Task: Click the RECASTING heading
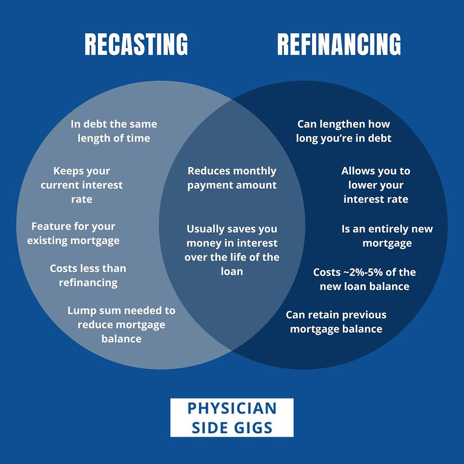(136, 45)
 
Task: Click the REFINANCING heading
(339, 45)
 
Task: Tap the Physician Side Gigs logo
(232, 418)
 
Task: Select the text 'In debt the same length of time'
(114, 131)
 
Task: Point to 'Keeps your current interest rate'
(82, 185)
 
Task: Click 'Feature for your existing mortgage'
(73, 233)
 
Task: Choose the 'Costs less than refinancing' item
(88, 275)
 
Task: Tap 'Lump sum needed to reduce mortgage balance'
(121, 324)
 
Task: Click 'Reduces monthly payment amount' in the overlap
(232, 178)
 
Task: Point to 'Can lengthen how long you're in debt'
(343, 131)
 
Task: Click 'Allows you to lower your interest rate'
(376, 185)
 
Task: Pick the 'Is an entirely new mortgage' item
(387, 236)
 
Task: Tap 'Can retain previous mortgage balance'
(336, 322)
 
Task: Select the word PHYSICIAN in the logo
(232, 408)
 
